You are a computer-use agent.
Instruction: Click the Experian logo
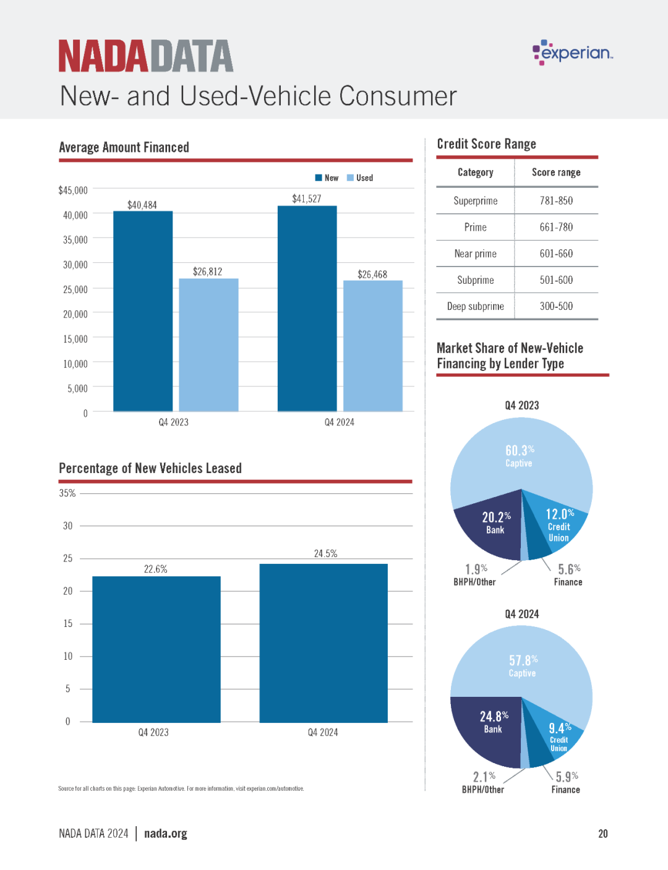pyautogui.click(x=573, y=52)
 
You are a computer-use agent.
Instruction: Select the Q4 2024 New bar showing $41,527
pyautogui.click(x=307, y=309)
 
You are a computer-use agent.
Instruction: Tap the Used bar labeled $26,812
pyautogui.click(x=208, y=344)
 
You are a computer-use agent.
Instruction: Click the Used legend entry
pyautogui.click(x=359, y=177)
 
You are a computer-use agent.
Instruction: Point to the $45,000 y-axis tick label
pyautogui.click(x=73, y=190)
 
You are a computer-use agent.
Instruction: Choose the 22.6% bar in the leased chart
pyautogui.click(x=156, y=649)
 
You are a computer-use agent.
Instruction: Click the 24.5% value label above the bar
pyautogui.click(x=325, y=553)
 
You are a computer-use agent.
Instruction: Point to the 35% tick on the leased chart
pyautogui.click(x=67, y=493)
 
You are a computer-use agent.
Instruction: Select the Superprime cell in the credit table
pyautogui.click(x=476, y=200)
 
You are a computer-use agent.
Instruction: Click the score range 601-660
pyautogui.click(x=556, y=254)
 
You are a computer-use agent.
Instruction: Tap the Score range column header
pyautogui.click(x=556, y=172)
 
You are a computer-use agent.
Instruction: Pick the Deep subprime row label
pyautogui.click(x=476, y=306)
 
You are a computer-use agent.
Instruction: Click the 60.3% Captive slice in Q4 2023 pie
pyautogui.click(x=521, y=456)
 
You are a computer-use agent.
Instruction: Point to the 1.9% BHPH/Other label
pyautogui.click(x=474, y=575)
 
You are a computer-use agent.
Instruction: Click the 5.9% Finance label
pyautogui.click(x=566, y=783)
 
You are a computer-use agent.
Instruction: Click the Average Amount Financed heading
pyautogui.click(x=124, y=147)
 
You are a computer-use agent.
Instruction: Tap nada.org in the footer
pyautogui.click(x=165, y=834)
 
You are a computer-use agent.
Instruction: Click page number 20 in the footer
pyautogui.click(x=602, y=834)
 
